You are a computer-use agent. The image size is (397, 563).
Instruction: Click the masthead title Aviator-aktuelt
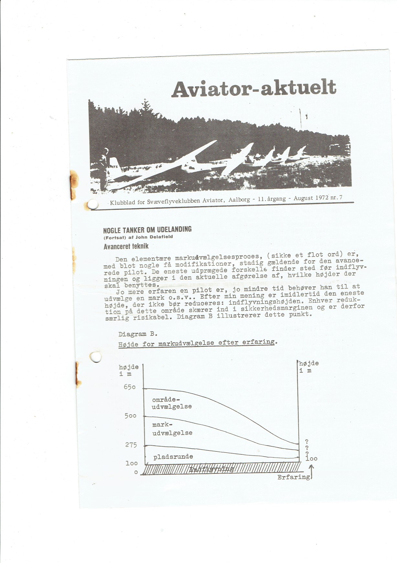click(254, 88)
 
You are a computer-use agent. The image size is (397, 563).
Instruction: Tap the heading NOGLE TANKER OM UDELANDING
click(147, 230)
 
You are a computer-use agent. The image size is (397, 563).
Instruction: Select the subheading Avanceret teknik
click(126, 246)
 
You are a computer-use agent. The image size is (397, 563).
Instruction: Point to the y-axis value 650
click(130, 387)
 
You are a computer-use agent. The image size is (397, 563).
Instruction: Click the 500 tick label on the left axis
click(131, 416)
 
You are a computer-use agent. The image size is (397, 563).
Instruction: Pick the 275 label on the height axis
click(131, 445)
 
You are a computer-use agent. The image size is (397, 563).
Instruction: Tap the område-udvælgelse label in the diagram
click(172, 403)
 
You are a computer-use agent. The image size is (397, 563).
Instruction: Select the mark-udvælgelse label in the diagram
click(172, 429)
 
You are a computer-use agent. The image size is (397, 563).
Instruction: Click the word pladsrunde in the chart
click(173, 457)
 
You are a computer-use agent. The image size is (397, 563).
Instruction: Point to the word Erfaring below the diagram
click(294, 477)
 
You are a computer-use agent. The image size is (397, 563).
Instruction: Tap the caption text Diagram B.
click(138, 334)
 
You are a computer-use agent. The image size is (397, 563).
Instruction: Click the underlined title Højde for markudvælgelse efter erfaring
click(198, 343)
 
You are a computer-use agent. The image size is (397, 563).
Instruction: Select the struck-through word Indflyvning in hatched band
click(212, 469)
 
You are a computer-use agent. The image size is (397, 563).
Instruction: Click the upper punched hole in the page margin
click(93, 204)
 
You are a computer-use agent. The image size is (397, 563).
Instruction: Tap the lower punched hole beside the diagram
click(95, 357)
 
